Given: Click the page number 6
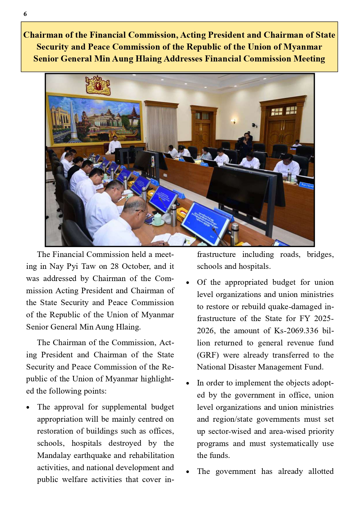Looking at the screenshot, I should point(25,14).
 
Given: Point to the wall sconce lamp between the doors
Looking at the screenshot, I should point(233,121).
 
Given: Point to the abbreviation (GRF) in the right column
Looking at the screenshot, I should point(208,355).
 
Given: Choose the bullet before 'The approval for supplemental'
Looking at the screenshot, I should point(28,407).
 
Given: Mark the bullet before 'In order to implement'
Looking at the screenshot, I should point(188,383).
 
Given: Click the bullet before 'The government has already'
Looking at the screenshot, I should point(188,472).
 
